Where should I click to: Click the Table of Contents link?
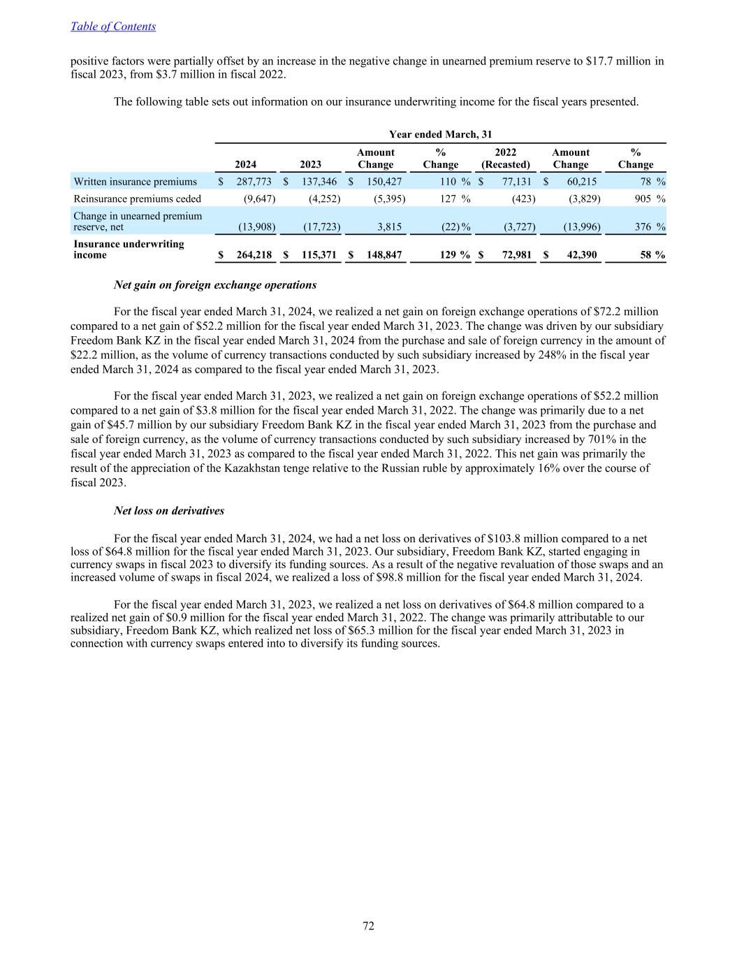click(x=113, y=27)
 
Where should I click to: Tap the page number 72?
click(x=368, y=926)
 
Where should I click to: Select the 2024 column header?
click(x=245, y=164)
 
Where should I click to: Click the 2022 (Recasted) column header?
click(x=505, y=159)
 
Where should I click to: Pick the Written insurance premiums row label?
click(x=136, y=182)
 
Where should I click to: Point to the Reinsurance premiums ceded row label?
click(x=137, y=198)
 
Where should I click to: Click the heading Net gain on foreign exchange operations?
click(x=215, y=285)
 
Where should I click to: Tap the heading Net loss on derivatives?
click(x=169, y=511)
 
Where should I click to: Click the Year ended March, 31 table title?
click(x=441, y=134)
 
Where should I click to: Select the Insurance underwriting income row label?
click(x=129, y=250)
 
